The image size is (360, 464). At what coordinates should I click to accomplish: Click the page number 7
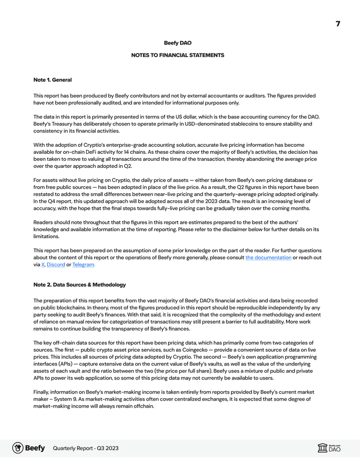click(x=338, y=24)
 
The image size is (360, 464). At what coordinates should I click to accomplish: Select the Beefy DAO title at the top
click(x=177, y=43)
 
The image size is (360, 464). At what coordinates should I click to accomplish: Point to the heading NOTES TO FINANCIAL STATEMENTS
click(x=177, y=55)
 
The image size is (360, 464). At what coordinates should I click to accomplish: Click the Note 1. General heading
click(x=52, y=80)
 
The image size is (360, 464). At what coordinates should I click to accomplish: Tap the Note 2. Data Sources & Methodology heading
click(x=79, y=285)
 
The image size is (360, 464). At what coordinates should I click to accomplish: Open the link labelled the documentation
click(x=268, y=257)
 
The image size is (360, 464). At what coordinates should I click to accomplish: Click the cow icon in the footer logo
click(x=18, y=448)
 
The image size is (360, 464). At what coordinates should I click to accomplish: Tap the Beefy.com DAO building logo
click(x=329, y=448)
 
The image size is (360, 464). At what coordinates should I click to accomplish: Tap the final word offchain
click(x=144, y=406)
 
